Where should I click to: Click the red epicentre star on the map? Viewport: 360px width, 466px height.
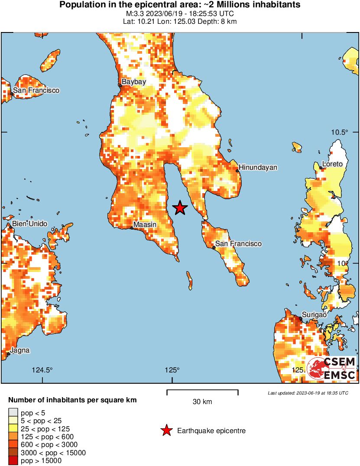click(180, 208)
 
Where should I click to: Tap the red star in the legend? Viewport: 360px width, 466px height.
click(166, 430)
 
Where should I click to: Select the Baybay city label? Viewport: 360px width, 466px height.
click(133, 81)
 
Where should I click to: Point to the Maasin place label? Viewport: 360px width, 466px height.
click(145, 224)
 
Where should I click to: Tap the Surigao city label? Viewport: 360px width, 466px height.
click(314, 315)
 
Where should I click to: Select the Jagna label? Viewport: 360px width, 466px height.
click(20, 350)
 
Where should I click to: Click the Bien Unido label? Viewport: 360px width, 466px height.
click(30, 223)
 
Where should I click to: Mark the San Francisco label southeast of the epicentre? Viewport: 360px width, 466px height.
click(238, 244)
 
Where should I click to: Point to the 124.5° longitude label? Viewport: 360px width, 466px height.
click(42, 370)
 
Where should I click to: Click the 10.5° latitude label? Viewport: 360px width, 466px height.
click(340, 132)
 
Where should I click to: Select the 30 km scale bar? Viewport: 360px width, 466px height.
click(202, 392)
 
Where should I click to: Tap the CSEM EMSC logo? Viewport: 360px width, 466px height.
click(331, 369)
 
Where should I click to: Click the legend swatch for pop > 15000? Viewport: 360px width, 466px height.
click(13, 461)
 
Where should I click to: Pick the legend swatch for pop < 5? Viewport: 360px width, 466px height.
click(13, 413)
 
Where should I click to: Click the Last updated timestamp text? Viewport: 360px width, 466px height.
click(308, 393)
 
